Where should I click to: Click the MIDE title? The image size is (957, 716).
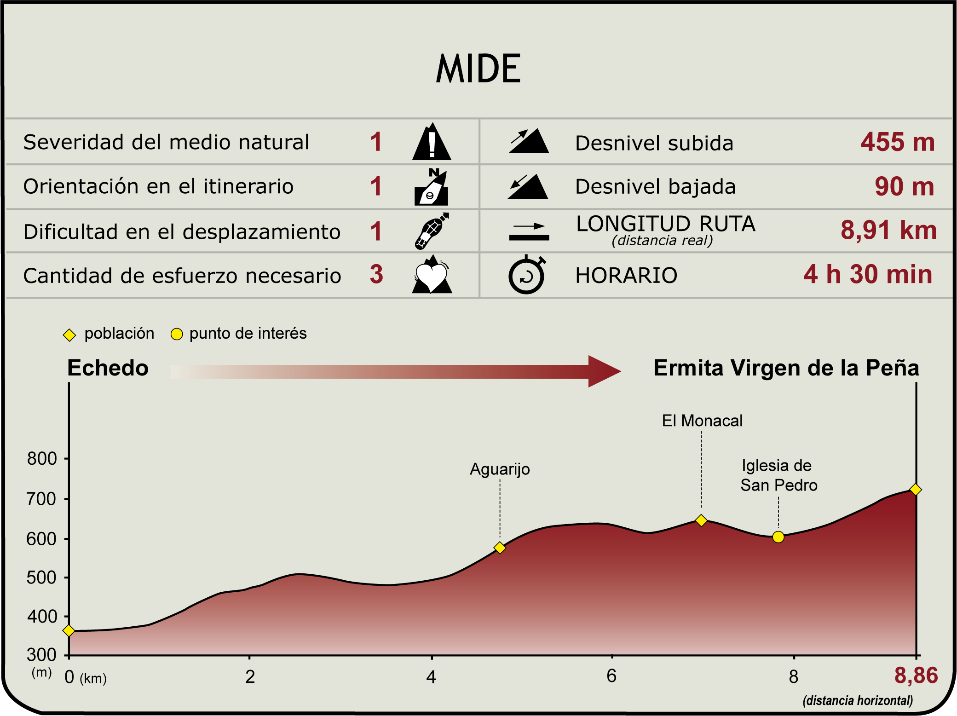(478, 69)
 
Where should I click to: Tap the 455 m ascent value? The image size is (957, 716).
(897, 142)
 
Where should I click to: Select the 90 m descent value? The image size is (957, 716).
(904, 187)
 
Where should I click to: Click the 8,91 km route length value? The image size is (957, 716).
(888, 230)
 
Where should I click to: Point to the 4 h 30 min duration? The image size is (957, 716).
(868, 274)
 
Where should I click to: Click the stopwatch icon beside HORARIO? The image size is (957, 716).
(527, 275)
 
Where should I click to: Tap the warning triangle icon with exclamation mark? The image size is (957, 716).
(431, 142)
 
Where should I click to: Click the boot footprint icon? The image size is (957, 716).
(431, 231)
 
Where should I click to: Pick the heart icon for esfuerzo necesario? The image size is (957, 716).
(432, 275)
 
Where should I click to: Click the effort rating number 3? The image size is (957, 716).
(376, 274)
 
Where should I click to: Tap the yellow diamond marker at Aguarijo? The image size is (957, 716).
(500, 548)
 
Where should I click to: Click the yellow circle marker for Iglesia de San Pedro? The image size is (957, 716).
(778, 537)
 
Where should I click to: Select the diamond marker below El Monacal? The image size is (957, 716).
(701, 520)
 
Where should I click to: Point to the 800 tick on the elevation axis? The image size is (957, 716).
(42, 459)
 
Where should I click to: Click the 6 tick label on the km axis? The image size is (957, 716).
(611, 676)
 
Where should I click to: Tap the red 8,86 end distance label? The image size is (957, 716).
(916, 676)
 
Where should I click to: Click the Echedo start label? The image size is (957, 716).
(108, 368)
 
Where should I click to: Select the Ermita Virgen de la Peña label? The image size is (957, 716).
(786, 368)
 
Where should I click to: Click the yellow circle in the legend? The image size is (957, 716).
(177, 334)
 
